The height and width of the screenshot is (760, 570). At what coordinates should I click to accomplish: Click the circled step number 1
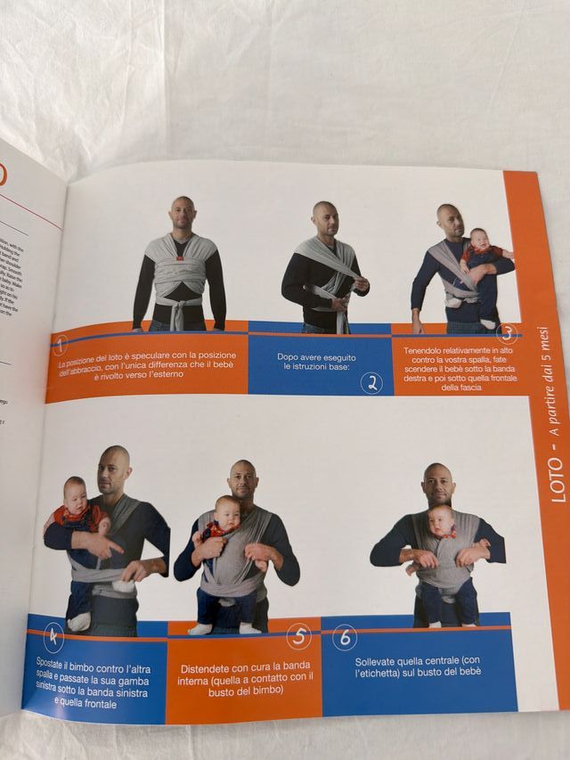tap(61, 344)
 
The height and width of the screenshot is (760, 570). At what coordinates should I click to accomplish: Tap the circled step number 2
tap(371, 383)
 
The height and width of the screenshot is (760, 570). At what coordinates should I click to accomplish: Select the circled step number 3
tap(507, 333)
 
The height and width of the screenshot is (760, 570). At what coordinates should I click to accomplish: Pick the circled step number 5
tap(299, 636)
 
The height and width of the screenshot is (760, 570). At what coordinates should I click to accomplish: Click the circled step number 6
tap(344, 637)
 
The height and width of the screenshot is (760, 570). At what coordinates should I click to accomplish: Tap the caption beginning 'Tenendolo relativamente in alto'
tap(454, 370)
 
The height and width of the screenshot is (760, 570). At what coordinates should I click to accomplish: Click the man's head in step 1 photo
tap(183, 216)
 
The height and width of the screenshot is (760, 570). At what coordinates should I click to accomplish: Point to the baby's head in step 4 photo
tap(76, 493)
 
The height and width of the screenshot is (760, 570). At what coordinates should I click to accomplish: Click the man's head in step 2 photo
tap(324, 217)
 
